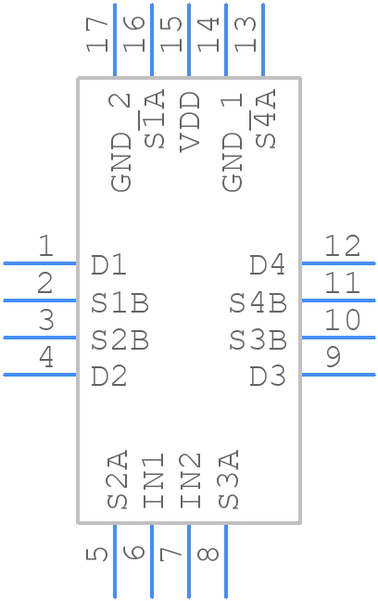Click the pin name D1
(x=108, y=265)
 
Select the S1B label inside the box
(x=120, y=302)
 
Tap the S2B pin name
(x=120, y=340)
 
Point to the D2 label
(x=108, y=377)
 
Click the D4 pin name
(x=268, y=265)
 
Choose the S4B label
(x=258, y=302)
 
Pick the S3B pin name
(x=258, y=340)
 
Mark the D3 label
(x=268, y=377)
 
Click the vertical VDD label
(x=190, y=121)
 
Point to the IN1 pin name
(x=154, y=480)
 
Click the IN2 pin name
(x=191, y=480)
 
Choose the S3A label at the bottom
(x=229, y=480)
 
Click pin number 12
(x=343, y=247)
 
